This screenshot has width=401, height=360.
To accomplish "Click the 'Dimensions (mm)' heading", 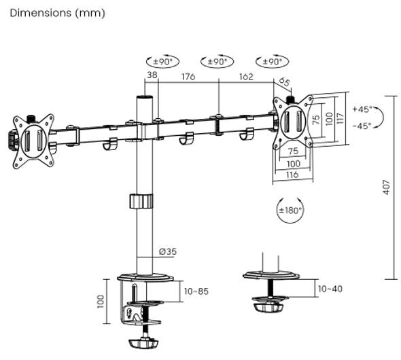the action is pos(57,13).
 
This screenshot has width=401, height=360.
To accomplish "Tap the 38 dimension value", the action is pos(152,75).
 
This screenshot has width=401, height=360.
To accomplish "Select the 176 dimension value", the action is pos(188,76).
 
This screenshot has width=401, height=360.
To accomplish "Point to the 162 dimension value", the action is pos(246,76).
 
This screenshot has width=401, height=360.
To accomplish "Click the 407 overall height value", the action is pos(387,187).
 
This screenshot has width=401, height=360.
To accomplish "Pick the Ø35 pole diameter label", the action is pos(168,252).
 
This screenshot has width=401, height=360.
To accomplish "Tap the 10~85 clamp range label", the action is pos(196,291).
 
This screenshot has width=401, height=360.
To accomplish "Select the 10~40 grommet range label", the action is pos(330,289).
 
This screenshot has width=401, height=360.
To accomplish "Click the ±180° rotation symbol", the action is pos(290,211).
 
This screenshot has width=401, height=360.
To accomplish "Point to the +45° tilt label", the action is pos(362,109).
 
